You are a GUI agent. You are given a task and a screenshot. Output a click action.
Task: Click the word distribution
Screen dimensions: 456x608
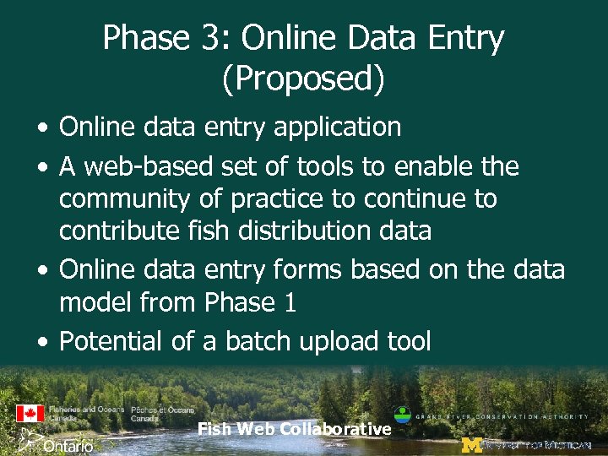[x=298, y=230]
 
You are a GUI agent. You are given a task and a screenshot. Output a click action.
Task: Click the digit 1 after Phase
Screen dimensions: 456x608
[x=290, y=302]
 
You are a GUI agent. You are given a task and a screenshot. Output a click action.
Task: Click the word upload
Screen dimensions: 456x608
[x=331, y=342]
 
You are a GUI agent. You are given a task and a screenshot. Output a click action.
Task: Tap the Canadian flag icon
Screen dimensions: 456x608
[x=30, y=414]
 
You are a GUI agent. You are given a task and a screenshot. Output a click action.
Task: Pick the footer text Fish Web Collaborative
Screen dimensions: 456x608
[x=294, y=429]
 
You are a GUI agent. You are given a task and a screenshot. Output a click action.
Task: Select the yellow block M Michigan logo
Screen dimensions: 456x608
[x=470, y=444]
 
